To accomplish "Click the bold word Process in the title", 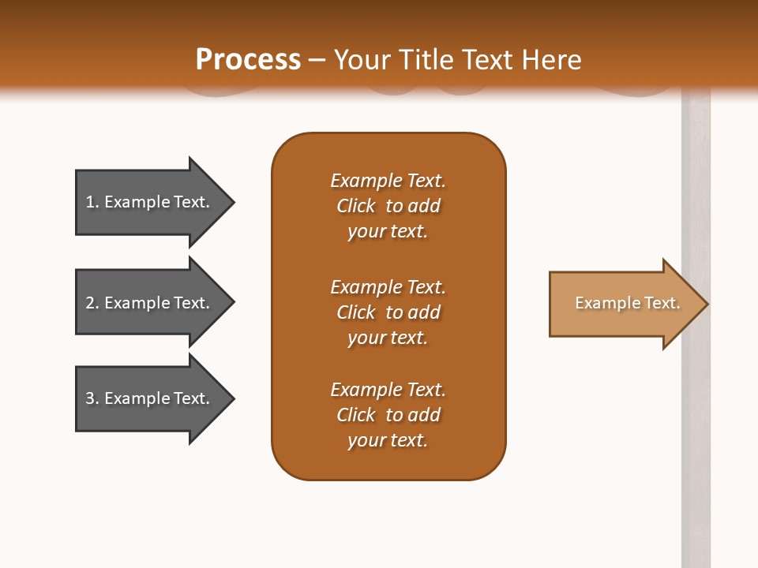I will pos(248,60).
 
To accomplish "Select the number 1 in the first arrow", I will pos(90,202).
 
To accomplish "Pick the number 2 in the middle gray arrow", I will pos(90,303).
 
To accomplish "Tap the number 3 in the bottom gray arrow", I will pos(90,398).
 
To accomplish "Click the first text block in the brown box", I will pos(388,206).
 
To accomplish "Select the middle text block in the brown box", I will pos(388,312).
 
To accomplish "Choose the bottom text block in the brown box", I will pos(388,415).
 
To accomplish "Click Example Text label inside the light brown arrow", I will pos(627,303).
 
